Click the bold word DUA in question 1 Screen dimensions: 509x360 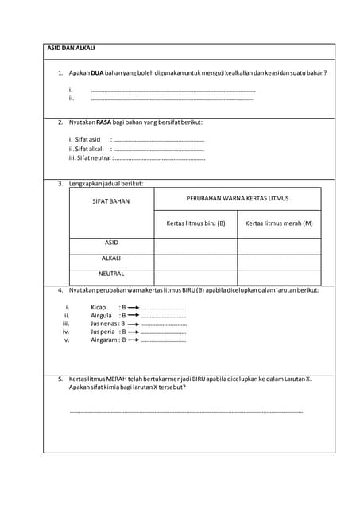click(x=98, y=73)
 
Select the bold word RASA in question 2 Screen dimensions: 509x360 click(x=104, y=122)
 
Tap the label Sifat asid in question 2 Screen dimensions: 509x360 click(x=84, y=139)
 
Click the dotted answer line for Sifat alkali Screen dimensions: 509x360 click(x=158, y=149)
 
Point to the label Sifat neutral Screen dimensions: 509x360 click(x=91, y=157)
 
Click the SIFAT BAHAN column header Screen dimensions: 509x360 click(x=111, y=201)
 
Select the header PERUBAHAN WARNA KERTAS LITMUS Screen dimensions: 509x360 click(x=238, y=197)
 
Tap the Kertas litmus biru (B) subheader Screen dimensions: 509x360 click(x=195, y=223)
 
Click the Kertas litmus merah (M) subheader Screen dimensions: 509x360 click(x=279, y=223)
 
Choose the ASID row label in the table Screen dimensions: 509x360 click(x=111, y=243)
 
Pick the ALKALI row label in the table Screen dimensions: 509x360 click(x=111, y=258)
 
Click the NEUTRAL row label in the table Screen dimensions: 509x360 click(x=111, y=274)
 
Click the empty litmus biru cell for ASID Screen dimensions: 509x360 click(x=195, y=246)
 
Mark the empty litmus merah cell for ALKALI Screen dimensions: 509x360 click(x=279, y=262)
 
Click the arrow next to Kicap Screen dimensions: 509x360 click(x=134, y=307)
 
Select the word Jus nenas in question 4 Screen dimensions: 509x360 click(x=103, y=324)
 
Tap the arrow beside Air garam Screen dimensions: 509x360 click(x=134, y=340)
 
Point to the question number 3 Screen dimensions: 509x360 click(x=60, y=184)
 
